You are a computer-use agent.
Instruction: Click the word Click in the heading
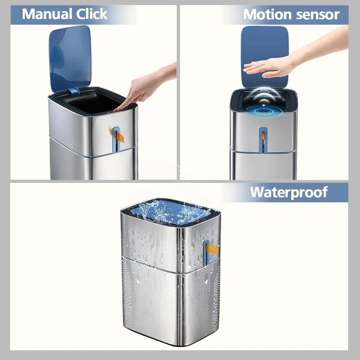point(91,14)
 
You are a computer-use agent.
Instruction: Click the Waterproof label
point(289,192)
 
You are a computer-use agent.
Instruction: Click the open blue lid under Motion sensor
point(265,57)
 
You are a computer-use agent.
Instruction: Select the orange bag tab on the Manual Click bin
point(120,137)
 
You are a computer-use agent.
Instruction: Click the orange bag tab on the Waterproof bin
point(212,249)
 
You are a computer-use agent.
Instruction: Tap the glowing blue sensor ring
point(264,111)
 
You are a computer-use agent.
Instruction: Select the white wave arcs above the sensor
point(264,95)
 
